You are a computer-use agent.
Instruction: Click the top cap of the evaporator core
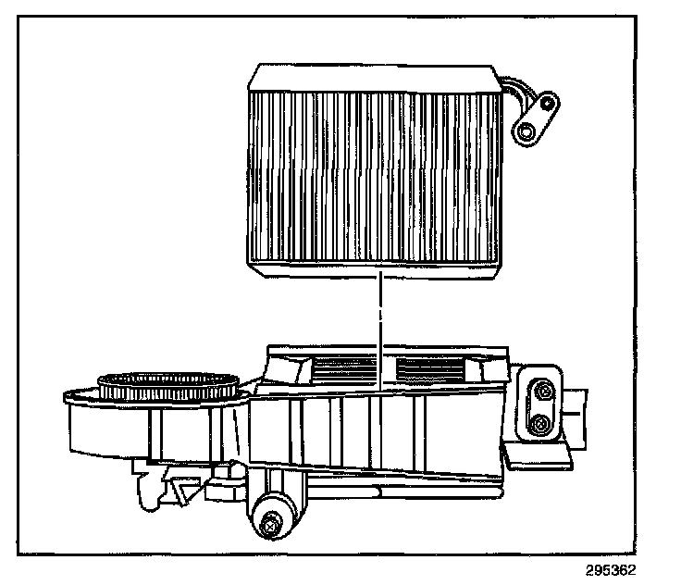tap(375, 80)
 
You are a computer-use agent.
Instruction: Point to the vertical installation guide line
tap(379, 324)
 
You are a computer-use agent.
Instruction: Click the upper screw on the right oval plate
tap(541, 393)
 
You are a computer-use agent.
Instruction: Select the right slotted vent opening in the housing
tap(430, 370)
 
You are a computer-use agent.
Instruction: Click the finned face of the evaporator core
tap(375, 176)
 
